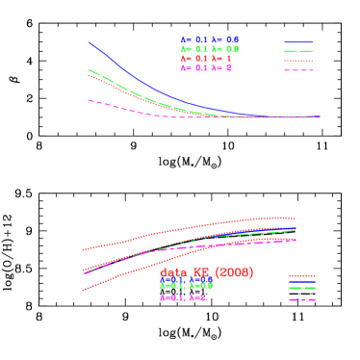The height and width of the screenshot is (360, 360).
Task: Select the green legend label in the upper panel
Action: pyautogui.click(x=209, y=49)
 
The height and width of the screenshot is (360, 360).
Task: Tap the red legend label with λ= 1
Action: pyautogui.click(x=205, y=59)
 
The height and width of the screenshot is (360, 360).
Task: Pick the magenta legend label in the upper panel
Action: pyautogui.click(x=205, y=68)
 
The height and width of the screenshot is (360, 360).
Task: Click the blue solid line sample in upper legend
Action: pyautogui.click(x=298, y=42)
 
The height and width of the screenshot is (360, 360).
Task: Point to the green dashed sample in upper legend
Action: pyautogui.click(x=298, y=51)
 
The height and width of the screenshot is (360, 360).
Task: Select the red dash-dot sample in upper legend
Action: pyautogui.click(x=298, y=61)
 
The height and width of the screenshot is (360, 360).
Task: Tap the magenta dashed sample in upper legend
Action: pyautogui.click(x=298, y=70)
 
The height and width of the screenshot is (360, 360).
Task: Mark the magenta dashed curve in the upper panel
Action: pyautogui.click(x=125, y=108)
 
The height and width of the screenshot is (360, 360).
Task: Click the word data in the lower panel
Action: pyautogui.click(x=173, y=273)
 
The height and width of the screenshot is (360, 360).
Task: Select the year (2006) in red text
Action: pyautogui.click(x=234, y=273)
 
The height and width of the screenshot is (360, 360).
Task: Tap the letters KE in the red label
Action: pyautogui.click(x=202, y=273)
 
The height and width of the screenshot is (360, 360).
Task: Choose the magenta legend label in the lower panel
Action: pyautogui.click(x=184, y=298)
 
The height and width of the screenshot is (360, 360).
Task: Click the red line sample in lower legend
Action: pyautogui.click(x=302, y=275)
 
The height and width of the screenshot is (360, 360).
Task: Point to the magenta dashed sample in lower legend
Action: pyautogui.click(x=302, y=300)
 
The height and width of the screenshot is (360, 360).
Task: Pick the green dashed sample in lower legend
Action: pyautogui.click(x=302, y=288)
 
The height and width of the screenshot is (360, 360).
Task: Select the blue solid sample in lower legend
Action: pyautogui.click(x=302, y=282)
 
